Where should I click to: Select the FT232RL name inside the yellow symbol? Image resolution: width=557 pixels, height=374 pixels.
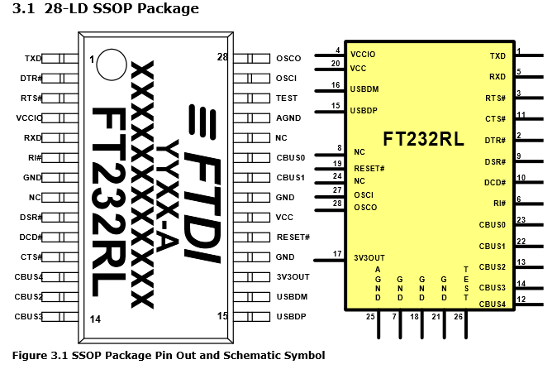[423, 137]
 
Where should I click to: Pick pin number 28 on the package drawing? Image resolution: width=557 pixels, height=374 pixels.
[222, 57]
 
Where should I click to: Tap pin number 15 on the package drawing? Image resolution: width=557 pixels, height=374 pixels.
[222, 315]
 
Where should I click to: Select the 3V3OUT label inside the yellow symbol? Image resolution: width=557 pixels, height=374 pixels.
[369, 257]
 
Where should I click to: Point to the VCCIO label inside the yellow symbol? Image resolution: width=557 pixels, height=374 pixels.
[363, 54]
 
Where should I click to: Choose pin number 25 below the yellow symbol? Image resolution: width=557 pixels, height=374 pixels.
[370, 317]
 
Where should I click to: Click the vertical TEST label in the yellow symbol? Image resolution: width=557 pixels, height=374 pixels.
[466, 283]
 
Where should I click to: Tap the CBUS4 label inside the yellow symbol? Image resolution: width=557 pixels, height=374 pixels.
[493, 304]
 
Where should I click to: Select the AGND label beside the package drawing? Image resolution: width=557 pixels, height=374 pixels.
[289, 118]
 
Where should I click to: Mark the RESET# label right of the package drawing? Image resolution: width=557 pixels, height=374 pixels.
[293, 237]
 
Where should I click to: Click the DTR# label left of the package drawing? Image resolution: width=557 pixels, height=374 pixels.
[31, 79]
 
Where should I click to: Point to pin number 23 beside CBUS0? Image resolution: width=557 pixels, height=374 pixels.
[521, 219]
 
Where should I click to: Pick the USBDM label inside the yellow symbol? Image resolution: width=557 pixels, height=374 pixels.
[364, 89]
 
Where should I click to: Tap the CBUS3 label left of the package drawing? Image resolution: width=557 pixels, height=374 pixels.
[29, 317]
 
